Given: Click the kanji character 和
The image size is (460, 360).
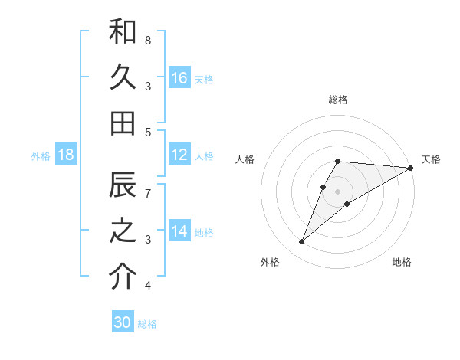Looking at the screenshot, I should pos(123,32).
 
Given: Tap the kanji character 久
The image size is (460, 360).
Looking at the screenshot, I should pos(123,77).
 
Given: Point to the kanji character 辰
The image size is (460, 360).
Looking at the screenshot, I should pos(123,185).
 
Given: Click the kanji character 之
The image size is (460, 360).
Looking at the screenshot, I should pos(123,231).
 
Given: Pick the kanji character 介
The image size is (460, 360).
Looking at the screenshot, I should pos(123,277).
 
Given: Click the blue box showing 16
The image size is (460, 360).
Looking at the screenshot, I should pos(179,78).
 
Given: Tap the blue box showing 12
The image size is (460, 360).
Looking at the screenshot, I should pos(179,155).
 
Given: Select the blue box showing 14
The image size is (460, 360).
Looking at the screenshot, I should pos(179,232).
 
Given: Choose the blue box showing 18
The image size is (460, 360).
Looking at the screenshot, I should pos(66,155).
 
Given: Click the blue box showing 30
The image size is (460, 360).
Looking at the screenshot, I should pos(123,322).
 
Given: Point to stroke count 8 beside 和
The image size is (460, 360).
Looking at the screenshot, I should pos(148,40).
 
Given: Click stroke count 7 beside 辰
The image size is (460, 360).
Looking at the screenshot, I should pos(148,192).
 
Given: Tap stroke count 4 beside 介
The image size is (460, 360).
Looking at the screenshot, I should pos(148,286).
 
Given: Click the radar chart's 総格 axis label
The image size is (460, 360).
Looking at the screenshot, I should pos(338,100).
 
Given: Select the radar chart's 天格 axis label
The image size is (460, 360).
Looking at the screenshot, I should pos(431,159).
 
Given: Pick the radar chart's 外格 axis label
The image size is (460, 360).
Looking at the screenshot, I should pos(270,262).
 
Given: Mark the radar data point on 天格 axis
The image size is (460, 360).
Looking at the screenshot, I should pos(411,168).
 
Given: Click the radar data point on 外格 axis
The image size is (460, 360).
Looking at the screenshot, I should pos(302,242).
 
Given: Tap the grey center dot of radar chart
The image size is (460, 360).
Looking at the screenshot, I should pos(338,191).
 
